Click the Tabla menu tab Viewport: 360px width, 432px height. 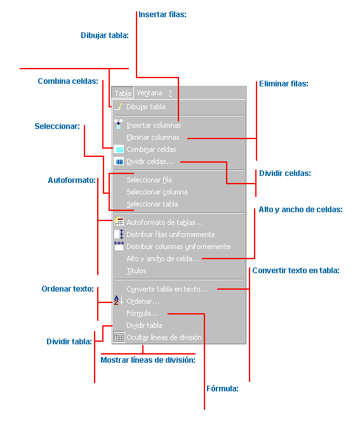pos(123,93)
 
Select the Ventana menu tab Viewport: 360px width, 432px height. pos(149,93)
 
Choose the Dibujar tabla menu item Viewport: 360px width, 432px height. pos(145,107)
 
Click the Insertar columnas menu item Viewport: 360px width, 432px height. pos(154,125)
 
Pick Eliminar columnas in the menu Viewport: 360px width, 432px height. pos(153,137)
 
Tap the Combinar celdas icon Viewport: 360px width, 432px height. pos(119,149)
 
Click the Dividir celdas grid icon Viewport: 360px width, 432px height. pos(119,162)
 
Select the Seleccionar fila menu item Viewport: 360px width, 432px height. pos(149,180)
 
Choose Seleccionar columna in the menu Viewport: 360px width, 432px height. pos(157,192)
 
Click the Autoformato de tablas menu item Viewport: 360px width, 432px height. pos(164,222)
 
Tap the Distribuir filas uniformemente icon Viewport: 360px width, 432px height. pos(119,234)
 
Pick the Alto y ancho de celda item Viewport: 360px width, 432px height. pos(163,259)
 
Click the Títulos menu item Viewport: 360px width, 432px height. pos(137,271)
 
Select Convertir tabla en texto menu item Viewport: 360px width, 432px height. pos(167,289)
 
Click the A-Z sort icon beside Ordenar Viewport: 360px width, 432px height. pos(119,300)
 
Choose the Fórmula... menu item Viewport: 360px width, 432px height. pos(142,314)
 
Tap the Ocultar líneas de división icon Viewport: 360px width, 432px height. pos(119,337)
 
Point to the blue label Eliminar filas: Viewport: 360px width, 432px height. pos(284,84)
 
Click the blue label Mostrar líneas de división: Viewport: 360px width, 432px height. pos(148,360)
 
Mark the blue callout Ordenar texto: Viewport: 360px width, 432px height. pos(68,289)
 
